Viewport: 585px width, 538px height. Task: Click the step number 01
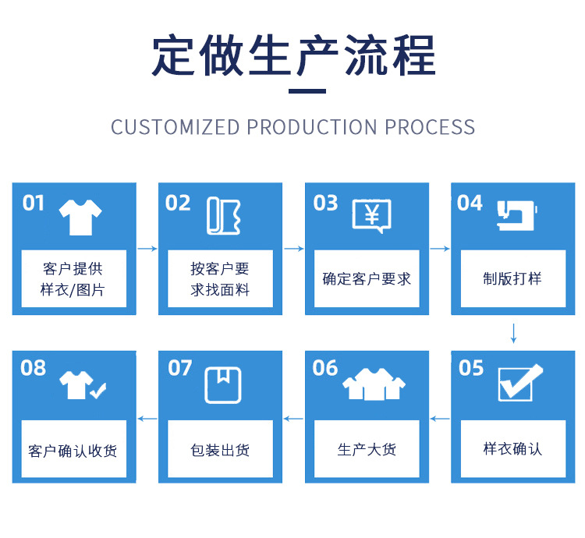click(34, 204)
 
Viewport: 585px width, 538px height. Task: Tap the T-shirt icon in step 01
click(81, 217)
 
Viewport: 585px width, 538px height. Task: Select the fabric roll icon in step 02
click(224, 216)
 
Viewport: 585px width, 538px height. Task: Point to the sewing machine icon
click(517, 215)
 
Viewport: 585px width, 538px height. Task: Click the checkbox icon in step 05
click(519, 382)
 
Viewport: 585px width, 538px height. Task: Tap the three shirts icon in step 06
click(374, 383)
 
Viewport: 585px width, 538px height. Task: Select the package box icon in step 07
click(223, 384)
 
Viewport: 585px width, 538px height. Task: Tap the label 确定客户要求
click(367, 278)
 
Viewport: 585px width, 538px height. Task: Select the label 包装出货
click(221, 450)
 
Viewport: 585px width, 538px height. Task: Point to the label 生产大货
click(367, 449)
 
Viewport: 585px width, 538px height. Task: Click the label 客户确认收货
click(73, 451)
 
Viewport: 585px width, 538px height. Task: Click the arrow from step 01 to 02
click(147, 249)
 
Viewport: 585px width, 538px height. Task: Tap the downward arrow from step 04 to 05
click(513, 333)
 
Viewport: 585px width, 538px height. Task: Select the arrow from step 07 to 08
click(147, 419)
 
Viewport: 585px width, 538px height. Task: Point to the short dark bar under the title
click(307, 91)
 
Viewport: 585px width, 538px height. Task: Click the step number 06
click(325, 367)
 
